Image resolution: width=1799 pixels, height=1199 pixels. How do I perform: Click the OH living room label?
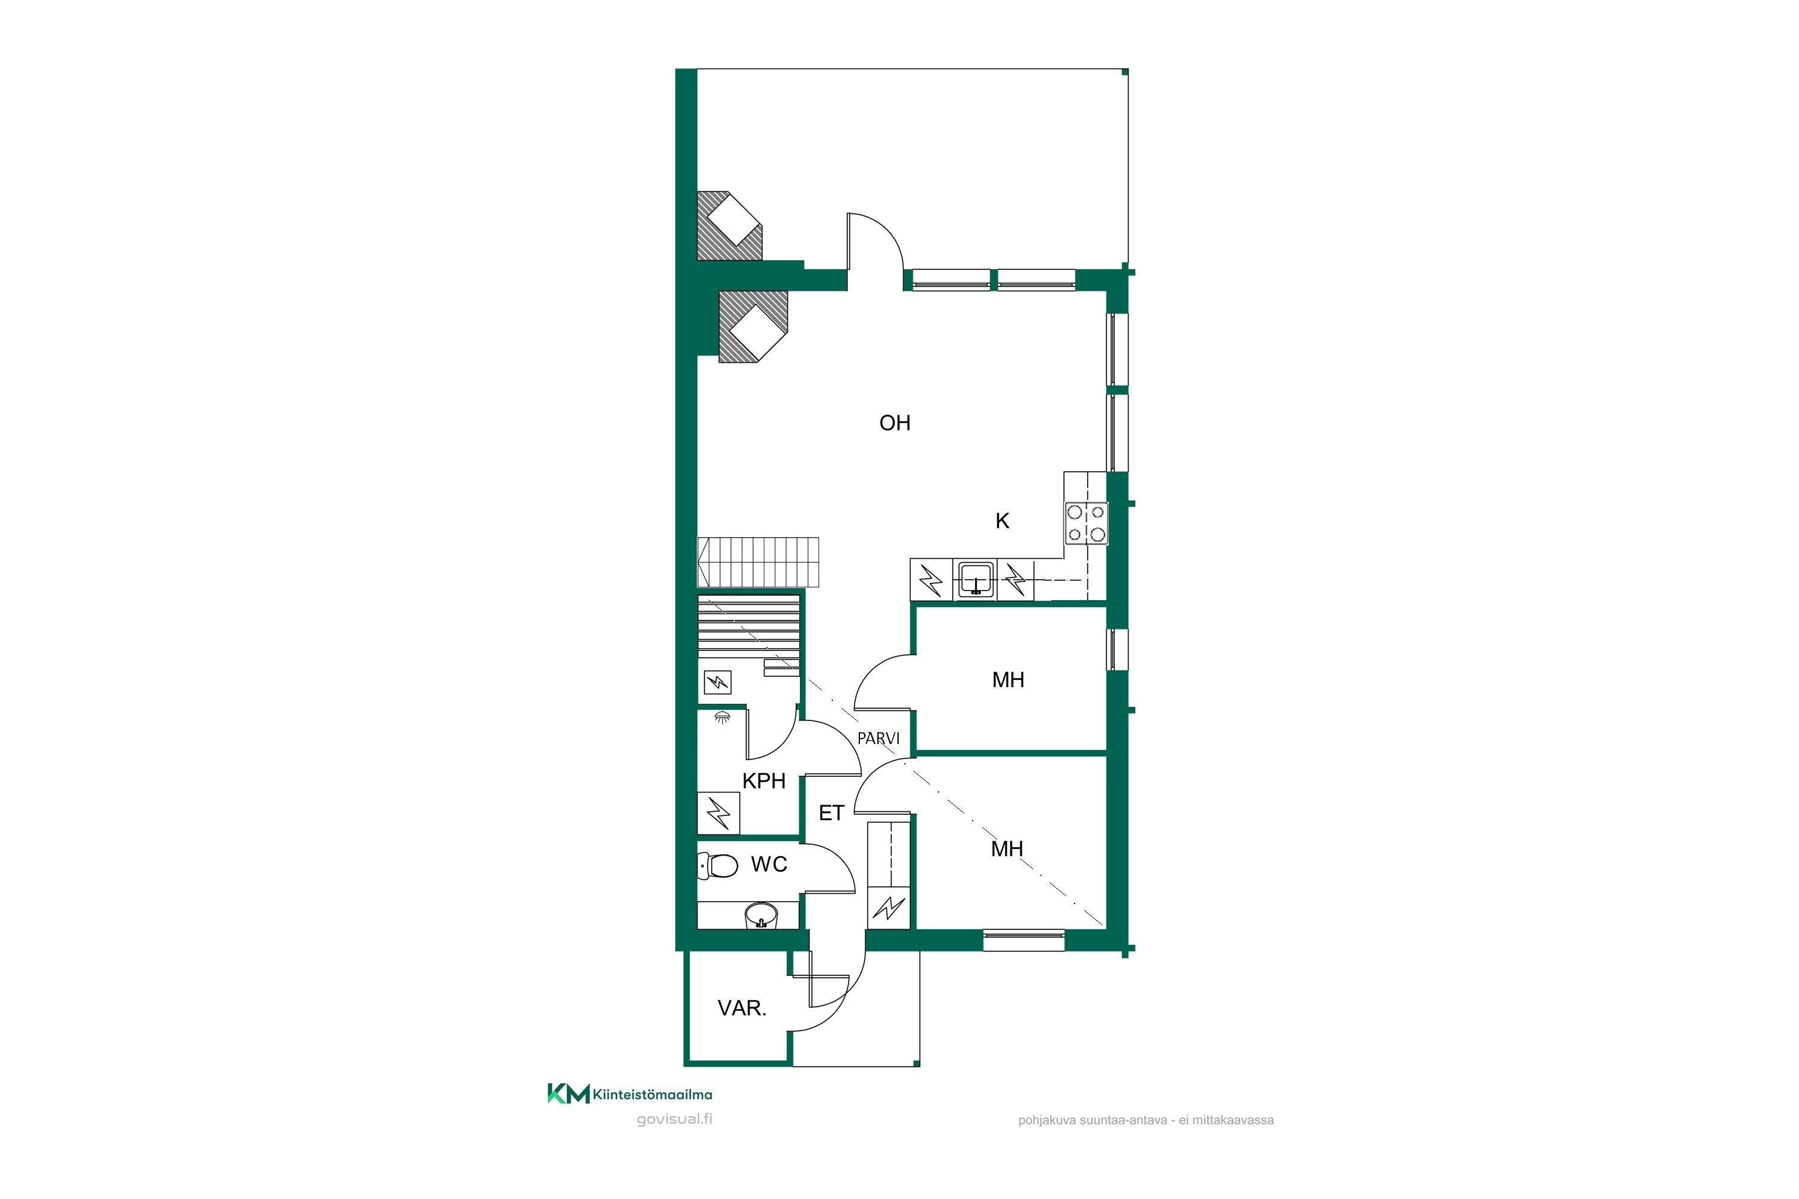[895, 423]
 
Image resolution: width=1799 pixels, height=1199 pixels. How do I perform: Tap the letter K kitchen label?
[1002, 521]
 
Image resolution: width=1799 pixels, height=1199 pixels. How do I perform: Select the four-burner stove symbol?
[1086, 523]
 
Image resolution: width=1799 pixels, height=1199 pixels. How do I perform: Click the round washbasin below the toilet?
[761, 915]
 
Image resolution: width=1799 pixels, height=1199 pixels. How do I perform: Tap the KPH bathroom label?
[764, 781]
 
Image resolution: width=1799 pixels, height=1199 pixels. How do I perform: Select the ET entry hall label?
[831, 813]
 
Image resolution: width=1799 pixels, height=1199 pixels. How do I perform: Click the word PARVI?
[878, 739]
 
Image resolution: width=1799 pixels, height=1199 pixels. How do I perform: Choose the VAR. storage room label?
[742, 1008]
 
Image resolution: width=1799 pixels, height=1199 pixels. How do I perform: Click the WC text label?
[769, 864]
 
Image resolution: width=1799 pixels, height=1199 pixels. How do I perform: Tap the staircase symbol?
[758, 562]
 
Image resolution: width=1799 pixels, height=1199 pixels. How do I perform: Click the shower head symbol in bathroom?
[722, 717]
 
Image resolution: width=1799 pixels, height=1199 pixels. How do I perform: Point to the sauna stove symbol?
[717, 681]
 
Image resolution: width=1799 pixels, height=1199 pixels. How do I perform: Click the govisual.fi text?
[675, 1119]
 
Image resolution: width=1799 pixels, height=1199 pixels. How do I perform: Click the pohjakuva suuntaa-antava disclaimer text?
[1146, 1120]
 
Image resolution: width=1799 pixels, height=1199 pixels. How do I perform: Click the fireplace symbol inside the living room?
[753, 326]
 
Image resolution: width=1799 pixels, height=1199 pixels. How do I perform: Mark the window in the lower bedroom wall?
[1024, 940]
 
